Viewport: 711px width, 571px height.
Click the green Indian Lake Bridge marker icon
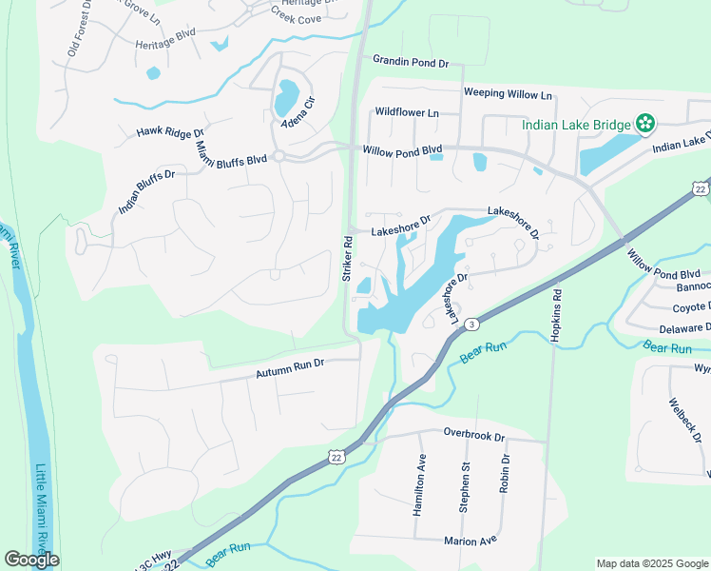click(645, 123)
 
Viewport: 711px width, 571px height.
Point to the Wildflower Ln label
click(407, 112)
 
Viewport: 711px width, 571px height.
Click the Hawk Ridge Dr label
click(170, 132)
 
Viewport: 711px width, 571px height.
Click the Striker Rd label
click(348, 258)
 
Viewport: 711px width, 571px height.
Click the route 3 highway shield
click(471, 325)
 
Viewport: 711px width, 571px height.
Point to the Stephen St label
click(465, 487)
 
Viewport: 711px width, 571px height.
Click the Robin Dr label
click(505, 473)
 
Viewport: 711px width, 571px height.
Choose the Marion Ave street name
click(471, 541)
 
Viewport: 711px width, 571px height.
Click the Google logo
click(31, 560)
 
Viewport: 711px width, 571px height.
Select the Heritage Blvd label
click(165, 45)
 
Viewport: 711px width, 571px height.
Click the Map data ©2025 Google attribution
click(652, 563)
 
